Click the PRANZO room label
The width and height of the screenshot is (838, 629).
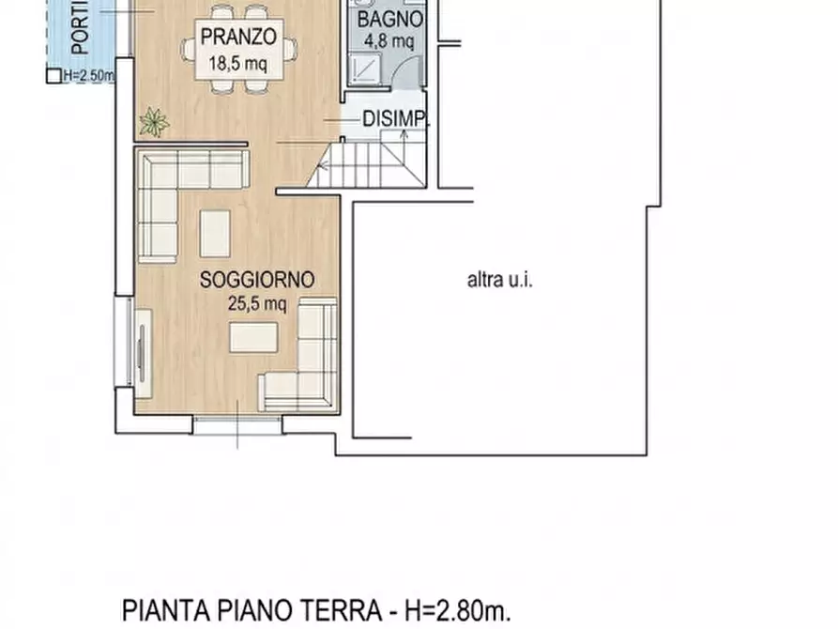(237, 38)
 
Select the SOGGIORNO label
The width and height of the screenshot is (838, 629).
(256, 280)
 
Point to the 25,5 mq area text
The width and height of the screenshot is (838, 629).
(256, 302)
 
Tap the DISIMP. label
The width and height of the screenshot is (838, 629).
(396, 119)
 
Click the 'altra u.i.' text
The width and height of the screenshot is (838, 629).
(500, 280)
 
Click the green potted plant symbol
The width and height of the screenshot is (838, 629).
(154, 121)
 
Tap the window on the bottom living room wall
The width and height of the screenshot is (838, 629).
(237, 424)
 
